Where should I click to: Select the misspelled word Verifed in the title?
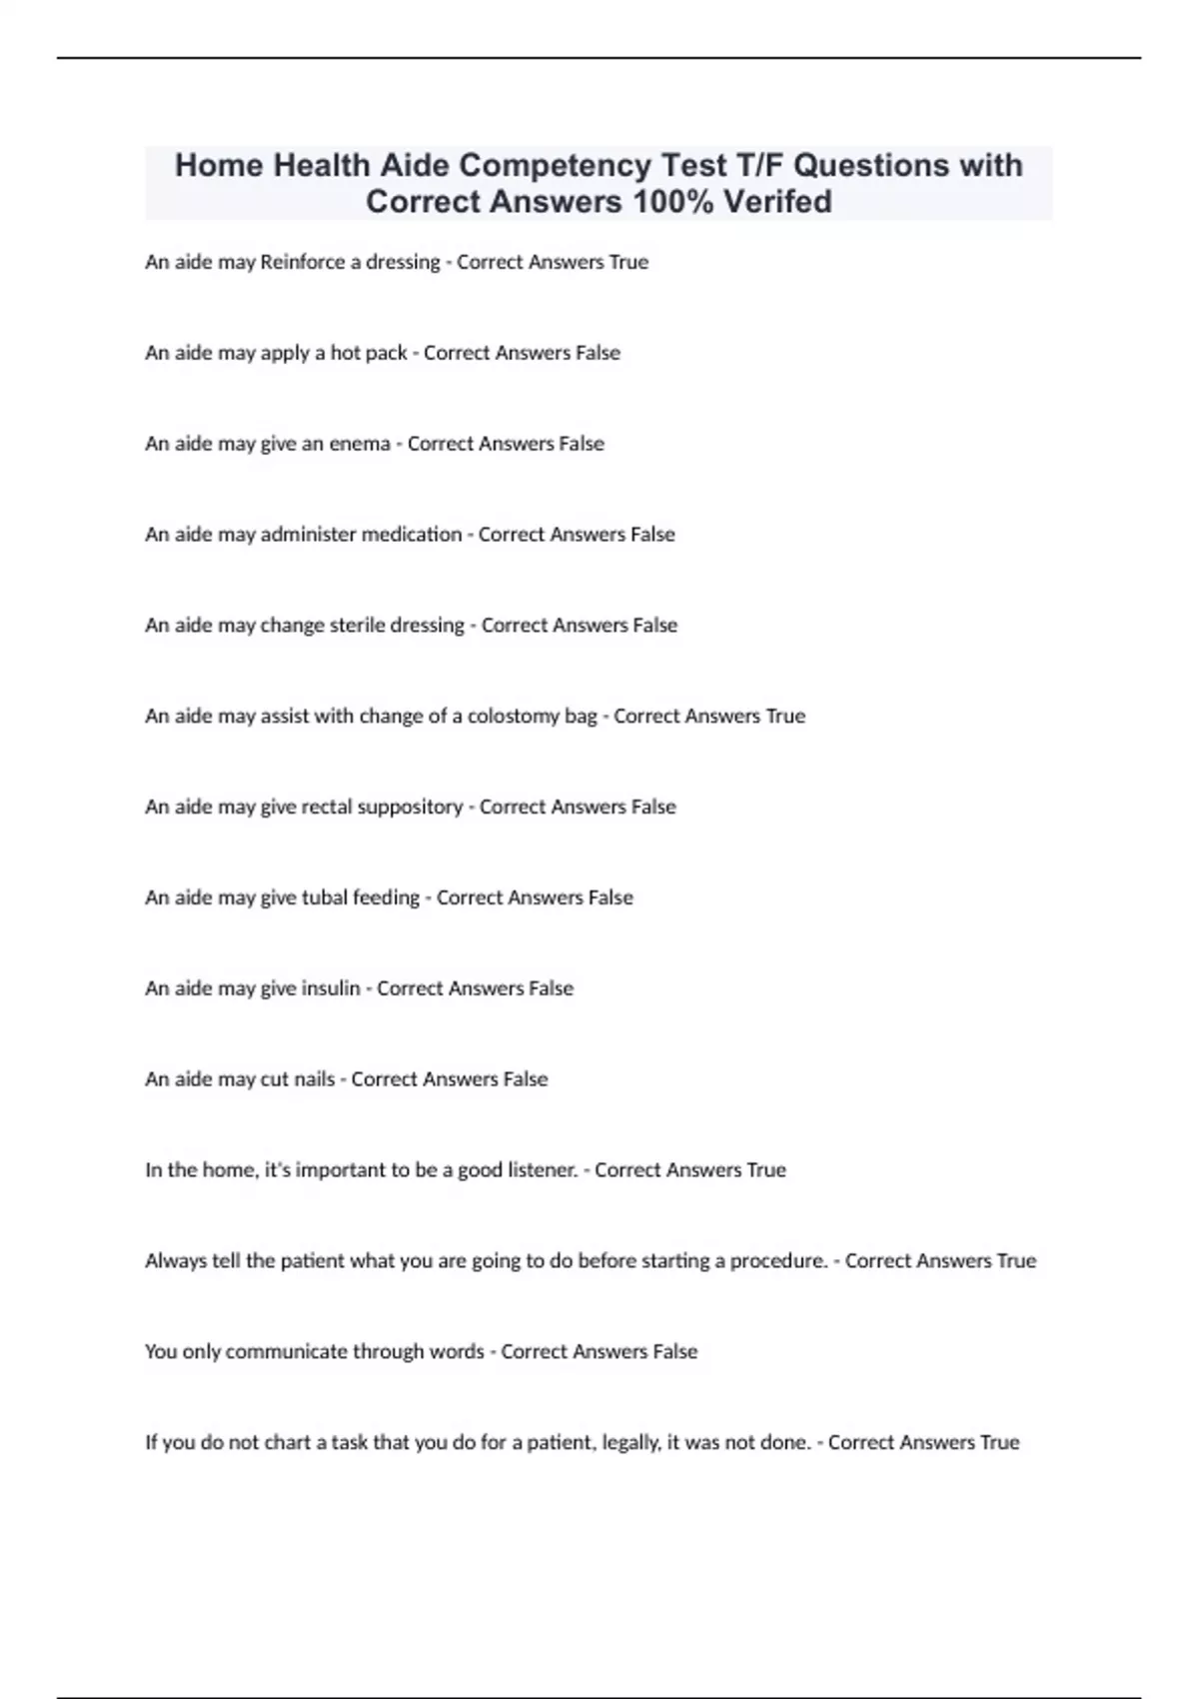[777, 201]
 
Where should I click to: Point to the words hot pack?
[369, 353]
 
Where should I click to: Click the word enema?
[360, 444]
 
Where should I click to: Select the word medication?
[411, 535]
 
